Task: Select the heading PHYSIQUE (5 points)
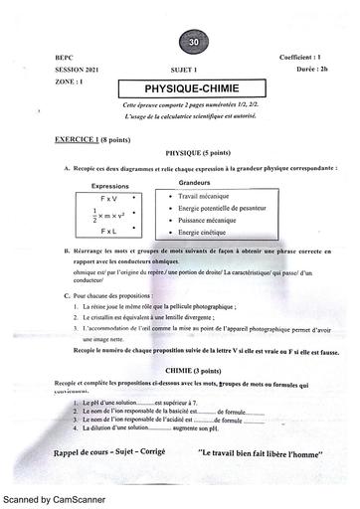point(179,156)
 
